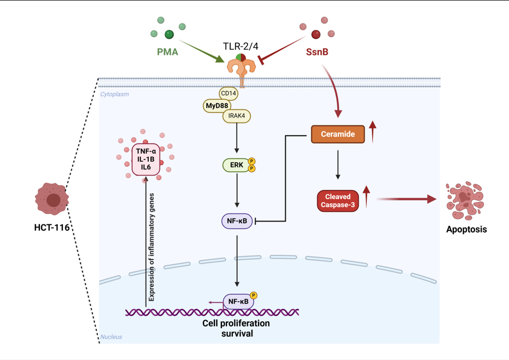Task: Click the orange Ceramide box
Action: [338, 134]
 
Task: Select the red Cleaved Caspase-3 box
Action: [338, 201]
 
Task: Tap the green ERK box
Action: [236, 165]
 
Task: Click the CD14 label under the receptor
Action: [229, 94]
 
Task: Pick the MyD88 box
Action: [217, 106]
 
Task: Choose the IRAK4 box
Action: [237, 116]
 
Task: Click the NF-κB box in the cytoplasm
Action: [237, 222]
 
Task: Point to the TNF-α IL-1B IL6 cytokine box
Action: [146, 159]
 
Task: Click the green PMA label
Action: [167, 53]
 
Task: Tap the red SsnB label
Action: [317, 53]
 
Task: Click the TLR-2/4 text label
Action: [241, 46]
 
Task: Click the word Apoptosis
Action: [466, 229]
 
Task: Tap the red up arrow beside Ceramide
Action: [373, 132]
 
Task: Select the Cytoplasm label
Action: [115, 94]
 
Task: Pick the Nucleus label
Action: [112, 337]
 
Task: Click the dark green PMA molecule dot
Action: [169, 35]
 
